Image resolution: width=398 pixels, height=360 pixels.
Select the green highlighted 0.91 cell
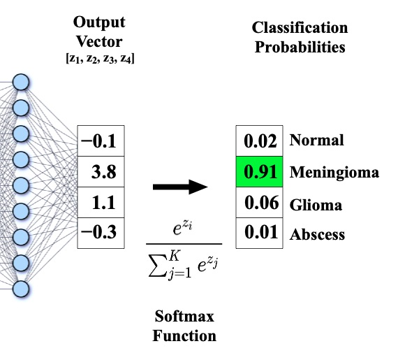[x=258, y=172]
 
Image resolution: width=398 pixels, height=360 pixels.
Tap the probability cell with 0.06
[x=258, y=203]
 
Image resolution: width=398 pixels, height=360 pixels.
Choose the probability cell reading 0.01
[x=258, y=233]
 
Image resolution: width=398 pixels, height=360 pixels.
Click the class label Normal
[x=316, y=141]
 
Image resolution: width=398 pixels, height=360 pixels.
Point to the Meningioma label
[x=334, y=172]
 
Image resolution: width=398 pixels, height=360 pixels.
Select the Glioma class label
[x=316, y=205]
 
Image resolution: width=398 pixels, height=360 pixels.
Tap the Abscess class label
[x=317, y=235]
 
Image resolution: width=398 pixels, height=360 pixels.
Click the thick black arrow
[x=180, y=187]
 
